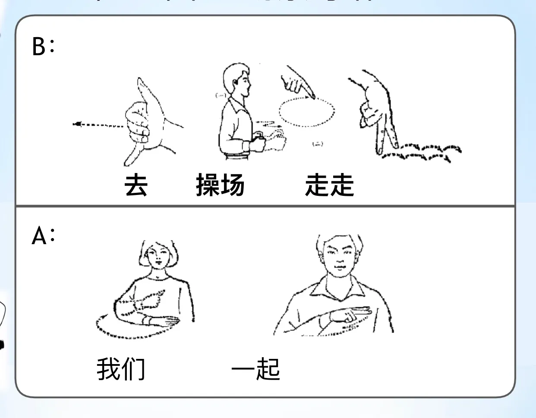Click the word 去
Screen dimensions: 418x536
coord(136,185)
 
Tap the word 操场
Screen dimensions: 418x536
coord(220,185)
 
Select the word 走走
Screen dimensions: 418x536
coord(329,185)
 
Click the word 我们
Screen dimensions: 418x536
coord(121,370)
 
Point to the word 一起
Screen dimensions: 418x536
coord(255,370)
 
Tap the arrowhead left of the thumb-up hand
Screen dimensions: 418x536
coord(77,125)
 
